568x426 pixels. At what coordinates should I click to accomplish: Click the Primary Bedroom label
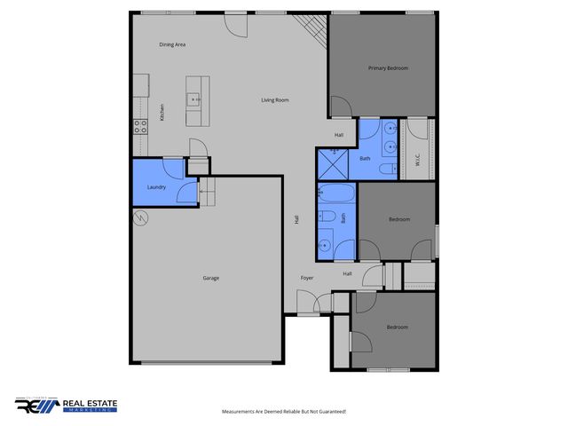coord(388,67)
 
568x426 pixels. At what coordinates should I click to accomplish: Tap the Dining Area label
coord(172,44)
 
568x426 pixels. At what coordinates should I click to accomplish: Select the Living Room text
coord(274,100)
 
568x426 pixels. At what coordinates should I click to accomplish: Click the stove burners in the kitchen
coord(140,125)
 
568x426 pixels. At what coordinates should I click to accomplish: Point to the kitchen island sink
coord(193,99)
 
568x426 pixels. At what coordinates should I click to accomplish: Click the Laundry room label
coord(156,187)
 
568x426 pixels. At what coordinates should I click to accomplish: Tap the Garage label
coord(210,278)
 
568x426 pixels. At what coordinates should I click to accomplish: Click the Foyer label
coord(306,278)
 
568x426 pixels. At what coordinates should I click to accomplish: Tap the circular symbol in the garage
coord(140,218)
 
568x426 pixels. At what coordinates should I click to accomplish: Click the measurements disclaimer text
coord(283,412)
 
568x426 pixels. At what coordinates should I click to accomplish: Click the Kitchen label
coord(162,113)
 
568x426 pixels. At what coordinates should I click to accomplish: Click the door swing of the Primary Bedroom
coord(340,107)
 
